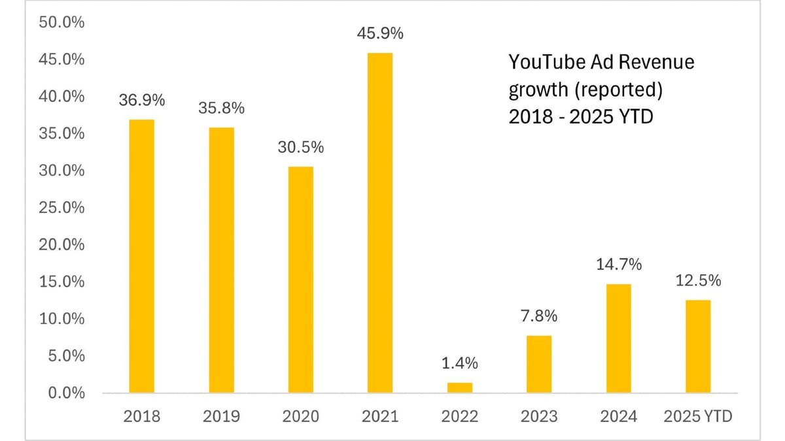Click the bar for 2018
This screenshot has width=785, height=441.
(141, 256)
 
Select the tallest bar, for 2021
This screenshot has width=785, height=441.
(380, 223)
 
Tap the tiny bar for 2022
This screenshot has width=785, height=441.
(459, 387)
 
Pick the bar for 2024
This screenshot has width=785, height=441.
(618, 338)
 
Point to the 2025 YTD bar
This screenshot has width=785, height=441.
(698, 346)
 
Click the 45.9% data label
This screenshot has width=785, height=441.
(380, 33)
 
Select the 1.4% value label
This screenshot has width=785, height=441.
(459, 363)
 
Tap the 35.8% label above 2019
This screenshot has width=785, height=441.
(221, 108)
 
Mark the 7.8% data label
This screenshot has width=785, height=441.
(539, 316)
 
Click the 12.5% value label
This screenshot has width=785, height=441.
(698, 281)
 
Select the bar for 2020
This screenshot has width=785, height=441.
(300, 280)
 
